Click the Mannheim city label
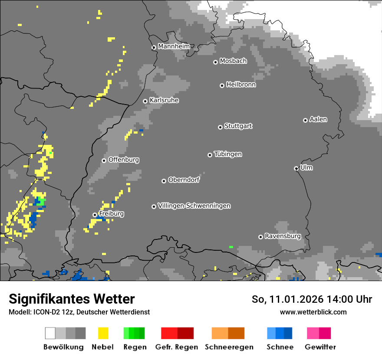pyautogui.click(x=174, y=46)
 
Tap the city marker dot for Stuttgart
pyautogui.click(x=220, y=127)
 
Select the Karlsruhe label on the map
pyautogui.click(x=164, y=100)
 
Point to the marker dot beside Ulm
pyautogui.click(x=296, y=168)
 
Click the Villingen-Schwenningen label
pyautogui.click(x=194, y=206)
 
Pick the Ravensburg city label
pyautogui.click(x=283, y=236)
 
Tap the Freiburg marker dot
pyautogui.click(x=95, y=215)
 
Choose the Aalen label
pyautogui.click(x=318, y=119)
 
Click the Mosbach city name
pyautogui.click(x=233, y=61)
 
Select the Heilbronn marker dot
pyautogui.click(x=222, y=85)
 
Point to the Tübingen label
pyautogui.click(x=228, y=154)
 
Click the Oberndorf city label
pyautogui.click(x=184, y=180)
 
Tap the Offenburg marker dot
pyautogui.click(x=104, y=160)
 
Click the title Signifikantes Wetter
pyautogui.click(x=72, y=299)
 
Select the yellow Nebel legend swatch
pyautogui.click(x=103, y=333)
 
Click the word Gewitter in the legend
pyautogui.click(x=320, y=347)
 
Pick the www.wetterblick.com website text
pyautogui.click(x=313, y=312)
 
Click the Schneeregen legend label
pyautogui.click(x=229, y=347)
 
